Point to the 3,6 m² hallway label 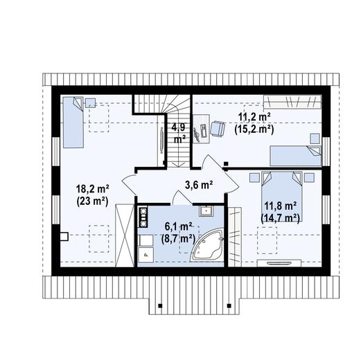(198, 184)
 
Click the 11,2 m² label (252, 117)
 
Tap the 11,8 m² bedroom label (280, 206)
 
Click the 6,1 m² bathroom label (177, 226)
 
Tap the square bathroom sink (206, 210)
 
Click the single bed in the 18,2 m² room (74, 122)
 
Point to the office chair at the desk (220, 128)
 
